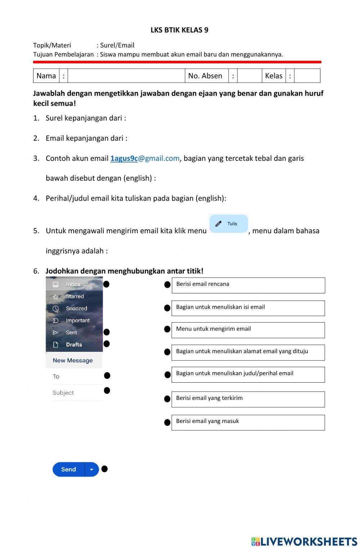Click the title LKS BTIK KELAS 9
179,30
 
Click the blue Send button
69,469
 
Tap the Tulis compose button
229,224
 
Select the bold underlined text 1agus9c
124,158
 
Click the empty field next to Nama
126,76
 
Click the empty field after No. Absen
249,76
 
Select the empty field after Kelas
307,76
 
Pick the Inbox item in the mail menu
73,284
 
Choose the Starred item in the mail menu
75,297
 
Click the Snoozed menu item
76,309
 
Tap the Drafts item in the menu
74,345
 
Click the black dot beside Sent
107,332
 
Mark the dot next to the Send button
104,469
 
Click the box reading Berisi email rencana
248,285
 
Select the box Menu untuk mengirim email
248,330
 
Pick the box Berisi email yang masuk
248,422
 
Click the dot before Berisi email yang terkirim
167,399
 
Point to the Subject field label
63,393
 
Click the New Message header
73,360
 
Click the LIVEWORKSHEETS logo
304,541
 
